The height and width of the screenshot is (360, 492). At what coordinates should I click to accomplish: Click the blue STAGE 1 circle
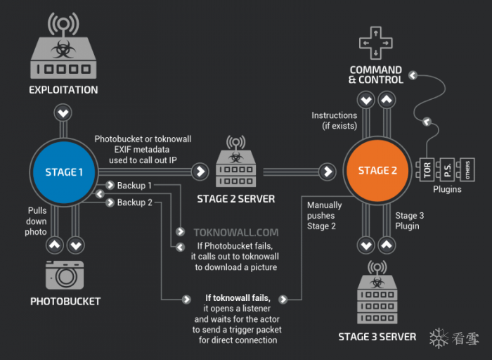pyautogui.click(x=64, y=172)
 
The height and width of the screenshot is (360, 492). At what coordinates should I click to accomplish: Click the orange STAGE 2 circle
pyautogui.click(x=377, y=170)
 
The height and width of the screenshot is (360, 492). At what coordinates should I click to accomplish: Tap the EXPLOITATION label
pyautogui.click(x=63, y=90)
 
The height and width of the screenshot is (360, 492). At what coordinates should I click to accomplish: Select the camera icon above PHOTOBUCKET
pyautogui.click(x=65, y=275)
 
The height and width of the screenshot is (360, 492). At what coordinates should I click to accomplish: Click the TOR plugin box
pyautogui.click(x=427, y=169)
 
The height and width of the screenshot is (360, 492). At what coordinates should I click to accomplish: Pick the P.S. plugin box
pyautogui.click(x=447, y=169)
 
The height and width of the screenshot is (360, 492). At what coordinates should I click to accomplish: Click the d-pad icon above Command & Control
pyautogui.click(x=375, y=43)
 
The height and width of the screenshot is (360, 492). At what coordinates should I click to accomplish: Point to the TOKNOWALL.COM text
pyautogui.click(x=236, y=232)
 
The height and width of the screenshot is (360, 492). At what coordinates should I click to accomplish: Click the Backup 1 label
pyautogui.click(x=135, y=186)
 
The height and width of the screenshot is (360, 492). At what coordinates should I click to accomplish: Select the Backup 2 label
pyautogui.click(x=135, y=202)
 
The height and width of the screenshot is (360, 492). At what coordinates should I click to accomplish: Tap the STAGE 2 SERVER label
pyautogui.click(x=236, y=199)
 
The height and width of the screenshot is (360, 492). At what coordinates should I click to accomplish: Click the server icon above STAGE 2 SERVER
pyautogui.click(x=236, y=161)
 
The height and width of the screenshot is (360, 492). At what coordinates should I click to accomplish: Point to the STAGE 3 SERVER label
pyautogui.click(x=377, y=337)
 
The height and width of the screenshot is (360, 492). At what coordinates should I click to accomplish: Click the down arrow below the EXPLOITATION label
pyautogui.click(x=63, y=113)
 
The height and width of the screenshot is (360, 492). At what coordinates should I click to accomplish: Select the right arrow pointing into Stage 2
pyautogui.click(x=328, y=172)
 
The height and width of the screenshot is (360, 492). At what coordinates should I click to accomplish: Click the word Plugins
pyautogui.click(x=447, y=189)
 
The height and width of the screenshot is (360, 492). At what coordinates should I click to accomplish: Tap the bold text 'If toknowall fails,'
pyautogui.click(x=238, y=297)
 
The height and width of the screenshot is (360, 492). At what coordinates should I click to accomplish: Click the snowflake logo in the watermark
pyautogui.click(x=439, y=338)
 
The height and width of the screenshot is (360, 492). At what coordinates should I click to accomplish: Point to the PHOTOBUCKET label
pyautogui.click(x=65, y=302)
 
